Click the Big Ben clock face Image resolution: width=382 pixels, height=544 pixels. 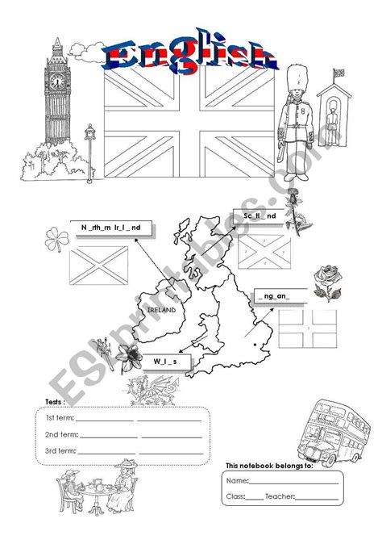[x=58, y=81]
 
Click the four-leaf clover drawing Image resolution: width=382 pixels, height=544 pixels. [x=55, y=239]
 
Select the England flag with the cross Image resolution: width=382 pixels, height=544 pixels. [x=309, y=331]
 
